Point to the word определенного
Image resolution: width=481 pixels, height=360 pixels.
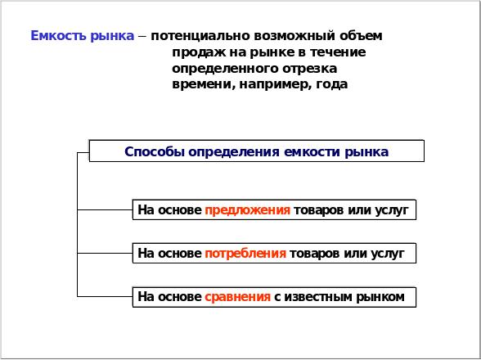[225, 69]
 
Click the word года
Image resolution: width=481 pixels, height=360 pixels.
[332, 84]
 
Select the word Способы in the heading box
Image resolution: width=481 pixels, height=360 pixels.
[155, 152]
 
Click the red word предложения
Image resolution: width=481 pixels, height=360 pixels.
[247, 210]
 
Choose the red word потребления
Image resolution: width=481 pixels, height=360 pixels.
[245, 254]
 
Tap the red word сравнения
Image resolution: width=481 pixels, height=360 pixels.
[237, 297]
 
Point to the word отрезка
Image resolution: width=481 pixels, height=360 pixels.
[309, 69]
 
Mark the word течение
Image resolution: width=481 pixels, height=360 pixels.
[338, 52]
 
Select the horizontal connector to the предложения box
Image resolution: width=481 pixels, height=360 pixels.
[105, 210]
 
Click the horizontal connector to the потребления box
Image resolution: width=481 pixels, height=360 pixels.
[105, 253]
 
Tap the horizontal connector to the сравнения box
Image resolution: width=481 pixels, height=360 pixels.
[105, 296]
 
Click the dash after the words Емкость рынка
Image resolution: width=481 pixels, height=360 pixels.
[142, 37]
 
